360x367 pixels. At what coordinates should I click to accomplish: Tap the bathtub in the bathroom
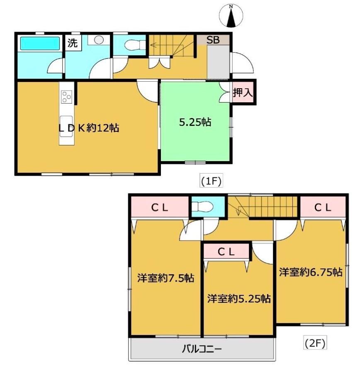pos(40,43)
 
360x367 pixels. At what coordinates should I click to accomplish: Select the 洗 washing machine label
pos(73,43)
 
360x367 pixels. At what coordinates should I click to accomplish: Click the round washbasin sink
pos(99,40)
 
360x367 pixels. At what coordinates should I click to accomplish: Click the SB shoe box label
pos(213,40)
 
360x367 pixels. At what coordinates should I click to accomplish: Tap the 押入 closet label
pos(243,93)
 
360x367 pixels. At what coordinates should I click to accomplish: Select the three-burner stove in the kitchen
pos(67,97)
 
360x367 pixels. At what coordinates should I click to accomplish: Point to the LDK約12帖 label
pos(89,128)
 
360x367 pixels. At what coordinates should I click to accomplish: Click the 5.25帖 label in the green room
pos(195,123)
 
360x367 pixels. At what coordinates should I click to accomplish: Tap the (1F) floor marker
pos(211,181)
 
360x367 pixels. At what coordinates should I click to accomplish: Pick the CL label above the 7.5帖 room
pos(160,208)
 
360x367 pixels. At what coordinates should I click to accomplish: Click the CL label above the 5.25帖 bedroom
pos(226,251)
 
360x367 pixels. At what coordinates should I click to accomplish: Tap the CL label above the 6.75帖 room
pos(323,208)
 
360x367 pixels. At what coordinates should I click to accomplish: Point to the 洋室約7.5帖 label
pos(166,278)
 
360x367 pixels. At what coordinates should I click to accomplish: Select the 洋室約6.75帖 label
pos(311,272)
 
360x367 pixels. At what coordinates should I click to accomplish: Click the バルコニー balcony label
pos(202,350)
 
